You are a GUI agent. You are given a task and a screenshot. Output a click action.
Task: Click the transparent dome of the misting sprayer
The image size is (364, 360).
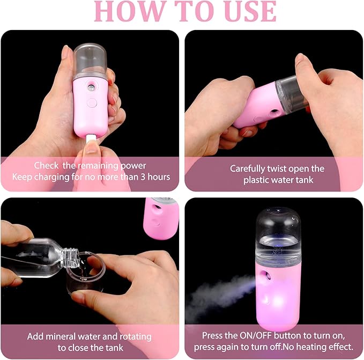click(279, 231)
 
